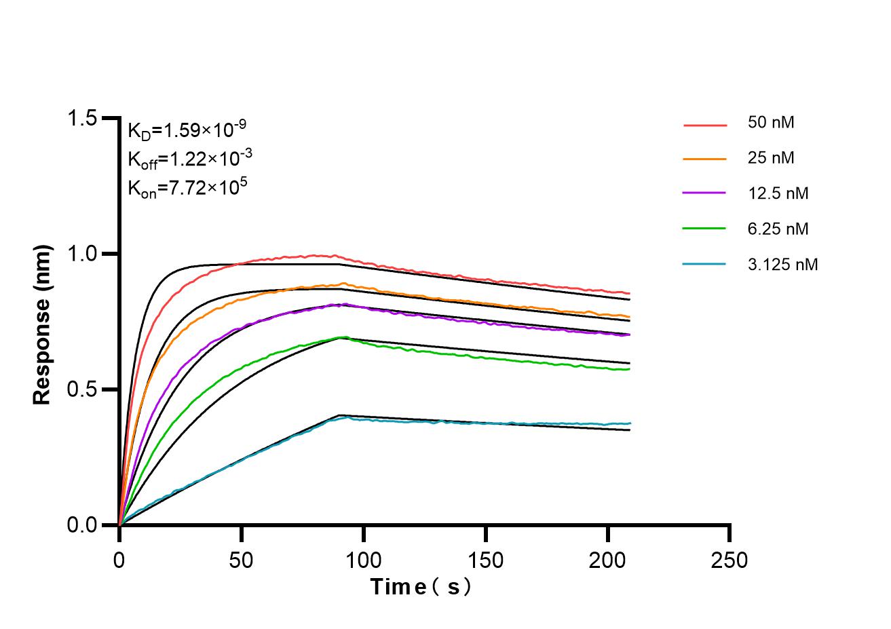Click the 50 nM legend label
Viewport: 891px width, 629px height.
click(x=770, y=123)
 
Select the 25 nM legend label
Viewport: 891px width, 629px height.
click(x=770, y=158)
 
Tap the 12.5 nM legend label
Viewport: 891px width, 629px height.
click(x=778, y=193)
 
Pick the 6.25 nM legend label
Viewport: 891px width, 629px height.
click(x=778, y=229)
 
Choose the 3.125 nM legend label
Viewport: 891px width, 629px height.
click(x=782, y=264)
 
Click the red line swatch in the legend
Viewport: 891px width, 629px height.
click(x=705, y=125)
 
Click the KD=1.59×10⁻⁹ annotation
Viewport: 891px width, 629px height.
click(x=182, y=128)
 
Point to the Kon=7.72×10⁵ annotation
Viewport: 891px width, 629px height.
click(x=187, y=187)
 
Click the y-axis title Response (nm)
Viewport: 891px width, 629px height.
click(x=42, y=324)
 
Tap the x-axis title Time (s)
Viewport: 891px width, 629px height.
click(x=420, y=587)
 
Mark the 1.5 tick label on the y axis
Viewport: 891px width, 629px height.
click(x=81, y=119)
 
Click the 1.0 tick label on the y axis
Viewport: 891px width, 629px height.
click(x=81, y=254)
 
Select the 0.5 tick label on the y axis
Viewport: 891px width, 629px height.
click(x=81, y=390)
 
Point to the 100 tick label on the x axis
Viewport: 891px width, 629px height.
click(x=364, y=560)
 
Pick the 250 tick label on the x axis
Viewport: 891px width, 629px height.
click(x=729, y=560)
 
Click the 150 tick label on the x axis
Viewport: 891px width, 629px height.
click(x=486, y=560)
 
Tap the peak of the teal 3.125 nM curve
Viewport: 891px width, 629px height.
click(x=347, y=417)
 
